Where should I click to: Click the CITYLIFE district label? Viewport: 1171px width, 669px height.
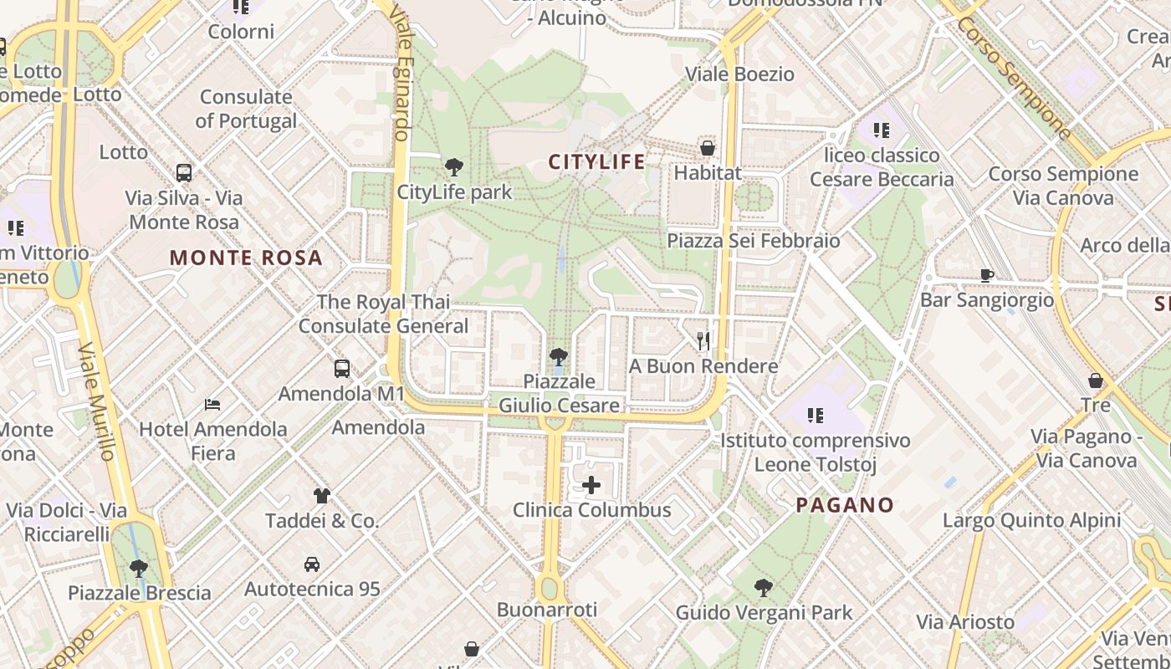click(597, 161)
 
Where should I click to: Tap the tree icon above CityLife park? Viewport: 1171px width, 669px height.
click(454, 166)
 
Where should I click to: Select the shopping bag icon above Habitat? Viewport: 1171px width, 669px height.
click(708, 148)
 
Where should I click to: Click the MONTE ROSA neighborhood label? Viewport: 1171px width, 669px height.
click(246, 258)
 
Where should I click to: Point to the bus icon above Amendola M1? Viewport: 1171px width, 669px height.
click(341, 368)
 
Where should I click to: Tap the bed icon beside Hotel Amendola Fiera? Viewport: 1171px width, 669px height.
click(212, 405)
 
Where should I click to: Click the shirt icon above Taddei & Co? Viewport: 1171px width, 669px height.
click(322, 496)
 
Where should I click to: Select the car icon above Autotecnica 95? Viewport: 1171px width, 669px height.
click(312, 564)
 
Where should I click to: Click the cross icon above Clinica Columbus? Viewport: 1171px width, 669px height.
click(591, 485)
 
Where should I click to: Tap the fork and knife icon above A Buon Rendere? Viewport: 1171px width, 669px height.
click(703, 340)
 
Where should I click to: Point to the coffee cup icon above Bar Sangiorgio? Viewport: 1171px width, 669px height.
click(987, 275)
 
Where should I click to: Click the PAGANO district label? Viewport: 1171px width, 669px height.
click(845, 505)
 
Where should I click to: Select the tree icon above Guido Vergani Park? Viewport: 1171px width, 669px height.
click(763, 588)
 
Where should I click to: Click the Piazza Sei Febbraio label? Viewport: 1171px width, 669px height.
click(753, 241)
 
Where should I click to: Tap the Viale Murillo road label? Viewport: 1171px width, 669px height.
click(96, 401)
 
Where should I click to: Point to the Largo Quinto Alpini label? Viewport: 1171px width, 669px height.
click(1031, 520)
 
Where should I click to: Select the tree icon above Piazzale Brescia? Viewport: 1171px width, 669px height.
click(139, 569)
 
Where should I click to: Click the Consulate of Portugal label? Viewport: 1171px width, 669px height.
click(246, 109)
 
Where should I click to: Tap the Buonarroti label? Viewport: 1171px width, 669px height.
click(547, 610)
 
